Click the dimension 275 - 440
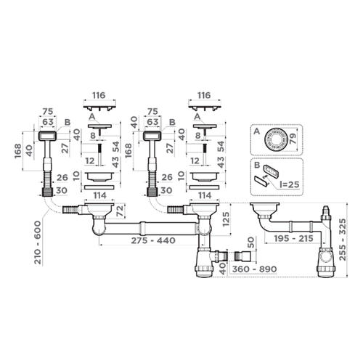pos(153,240)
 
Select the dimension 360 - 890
pos(254,269)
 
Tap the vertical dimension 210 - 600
pos(38,242)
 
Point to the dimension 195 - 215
pos(293,239)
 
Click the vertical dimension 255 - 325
pos(343,240)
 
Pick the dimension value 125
pos(226,219)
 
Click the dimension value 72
pos(120,211)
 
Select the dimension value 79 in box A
pos(293,139)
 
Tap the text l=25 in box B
pos(290,184)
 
